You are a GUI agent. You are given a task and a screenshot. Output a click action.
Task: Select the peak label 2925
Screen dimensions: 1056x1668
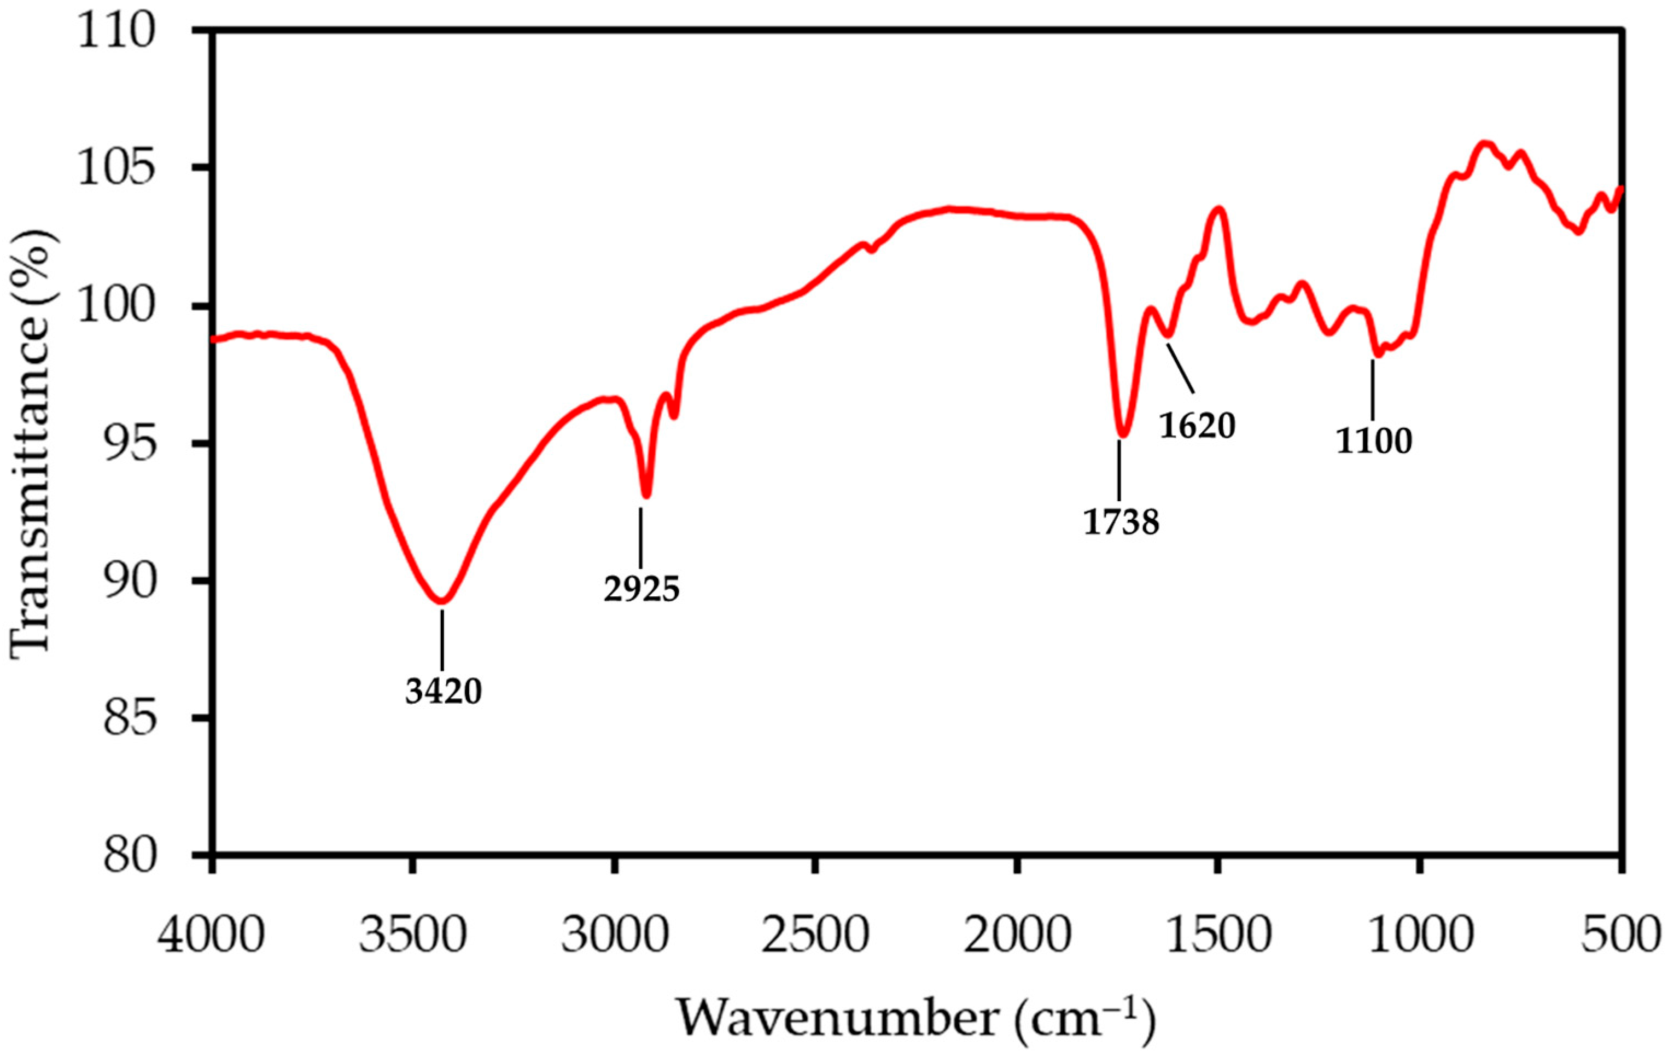coord(641,590)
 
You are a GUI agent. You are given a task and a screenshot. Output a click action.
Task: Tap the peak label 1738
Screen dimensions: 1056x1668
coord(1121,523)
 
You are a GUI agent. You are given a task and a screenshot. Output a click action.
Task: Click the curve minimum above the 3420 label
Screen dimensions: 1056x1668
coord(442,600)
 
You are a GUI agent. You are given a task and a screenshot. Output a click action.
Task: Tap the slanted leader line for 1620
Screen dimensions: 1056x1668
coord(1182,368)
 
